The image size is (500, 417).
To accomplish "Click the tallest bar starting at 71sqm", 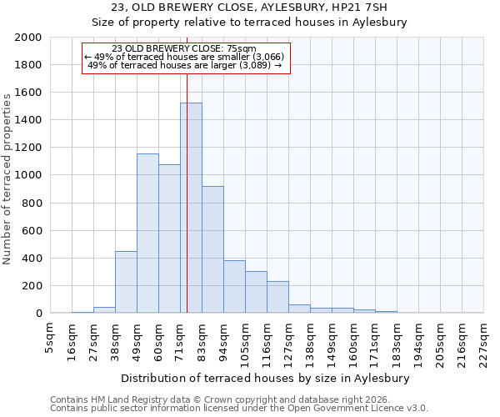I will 191,208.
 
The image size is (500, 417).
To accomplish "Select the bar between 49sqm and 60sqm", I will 147,234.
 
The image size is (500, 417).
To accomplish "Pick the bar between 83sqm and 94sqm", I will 212,249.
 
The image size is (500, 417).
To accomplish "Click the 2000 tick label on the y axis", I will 28,38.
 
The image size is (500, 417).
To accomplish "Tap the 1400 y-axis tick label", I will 28,120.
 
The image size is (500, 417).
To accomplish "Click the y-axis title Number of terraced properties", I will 8,178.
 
